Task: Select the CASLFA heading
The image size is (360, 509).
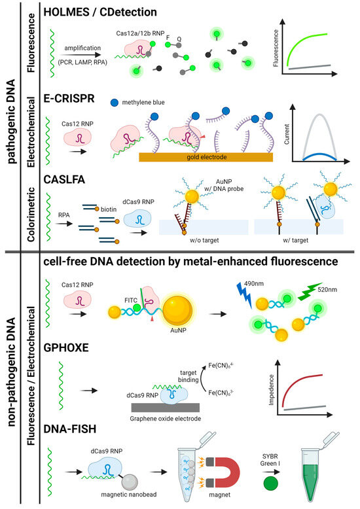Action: (67, 176)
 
